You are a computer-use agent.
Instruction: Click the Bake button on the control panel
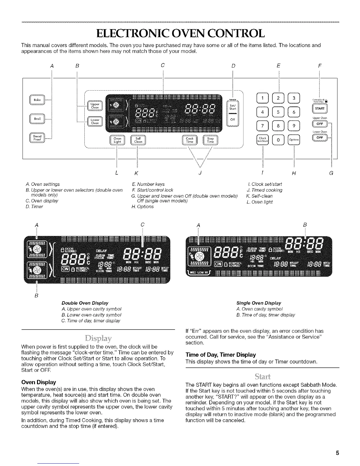coord(37,100)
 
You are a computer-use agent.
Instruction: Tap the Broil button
coord(37,119)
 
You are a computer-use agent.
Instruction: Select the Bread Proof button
coord(37,138)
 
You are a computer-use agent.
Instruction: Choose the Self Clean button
coord(138,140)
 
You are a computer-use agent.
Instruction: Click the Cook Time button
coord(190,140)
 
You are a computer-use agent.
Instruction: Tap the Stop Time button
coord(210,140)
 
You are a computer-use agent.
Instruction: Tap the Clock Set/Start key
coord(262,140)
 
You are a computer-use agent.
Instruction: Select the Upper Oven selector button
coord(95,106)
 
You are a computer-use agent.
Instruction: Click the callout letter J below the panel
coord(200,173)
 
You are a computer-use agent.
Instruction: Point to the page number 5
coord(338,453)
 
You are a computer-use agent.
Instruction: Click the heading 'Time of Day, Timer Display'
coord(221,355)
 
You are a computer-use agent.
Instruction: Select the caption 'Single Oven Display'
coord(259,303)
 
